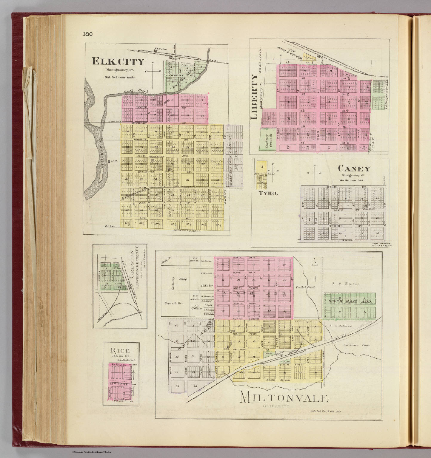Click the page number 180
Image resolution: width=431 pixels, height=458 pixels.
point(88,34)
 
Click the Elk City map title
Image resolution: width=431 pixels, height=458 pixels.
point(118,62)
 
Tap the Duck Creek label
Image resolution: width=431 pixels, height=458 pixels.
point(135,90)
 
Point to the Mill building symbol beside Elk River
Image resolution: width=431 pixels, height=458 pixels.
point(110,161)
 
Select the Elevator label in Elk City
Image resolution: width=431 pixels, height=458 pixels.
point(160,48)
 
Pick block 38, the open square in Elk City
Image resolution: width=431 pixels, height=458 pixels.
point(187,180)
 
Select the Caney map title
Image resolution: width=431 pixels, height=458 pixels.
point(354,169)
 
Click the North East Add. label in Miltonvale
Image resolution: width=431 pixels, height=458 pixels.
point(350,301)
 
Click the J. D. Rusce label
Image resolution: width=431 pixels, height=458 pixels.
point(349,284)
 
